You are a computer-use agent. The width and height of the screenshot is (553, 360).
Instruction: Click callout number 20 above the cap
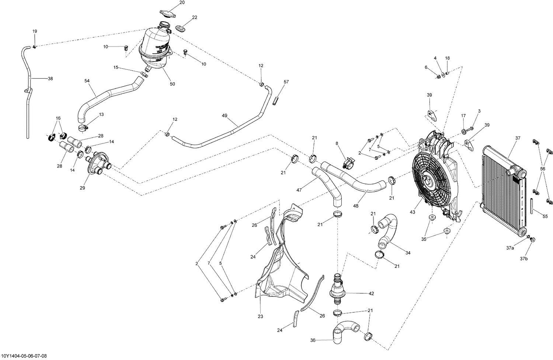182,3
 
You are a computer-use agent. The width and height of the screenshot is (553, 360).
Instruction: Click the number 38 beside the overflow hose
50,78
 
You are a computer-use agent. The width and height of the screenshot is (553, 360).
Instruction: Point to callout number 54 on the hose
87,81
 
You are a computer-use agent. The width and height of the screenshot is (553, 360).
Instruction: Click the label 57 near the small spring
286,82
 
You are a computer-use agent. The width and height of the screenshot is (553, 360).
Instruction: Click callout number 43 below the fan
412,212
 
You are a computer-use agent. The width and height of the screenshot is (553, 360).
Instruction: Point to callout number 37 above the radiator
518,138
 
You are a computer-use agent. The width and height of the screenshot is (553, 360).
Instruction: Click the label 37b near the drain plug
524,259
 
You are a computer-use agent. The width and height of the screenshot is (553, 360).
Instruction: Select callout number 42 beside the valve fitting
371,294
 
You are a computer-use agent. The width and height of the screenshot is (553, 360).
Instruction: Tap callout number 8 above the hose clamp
336,143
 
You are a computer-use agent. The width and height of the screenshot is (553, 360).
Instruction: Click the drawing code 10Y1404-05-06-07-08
24,356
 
